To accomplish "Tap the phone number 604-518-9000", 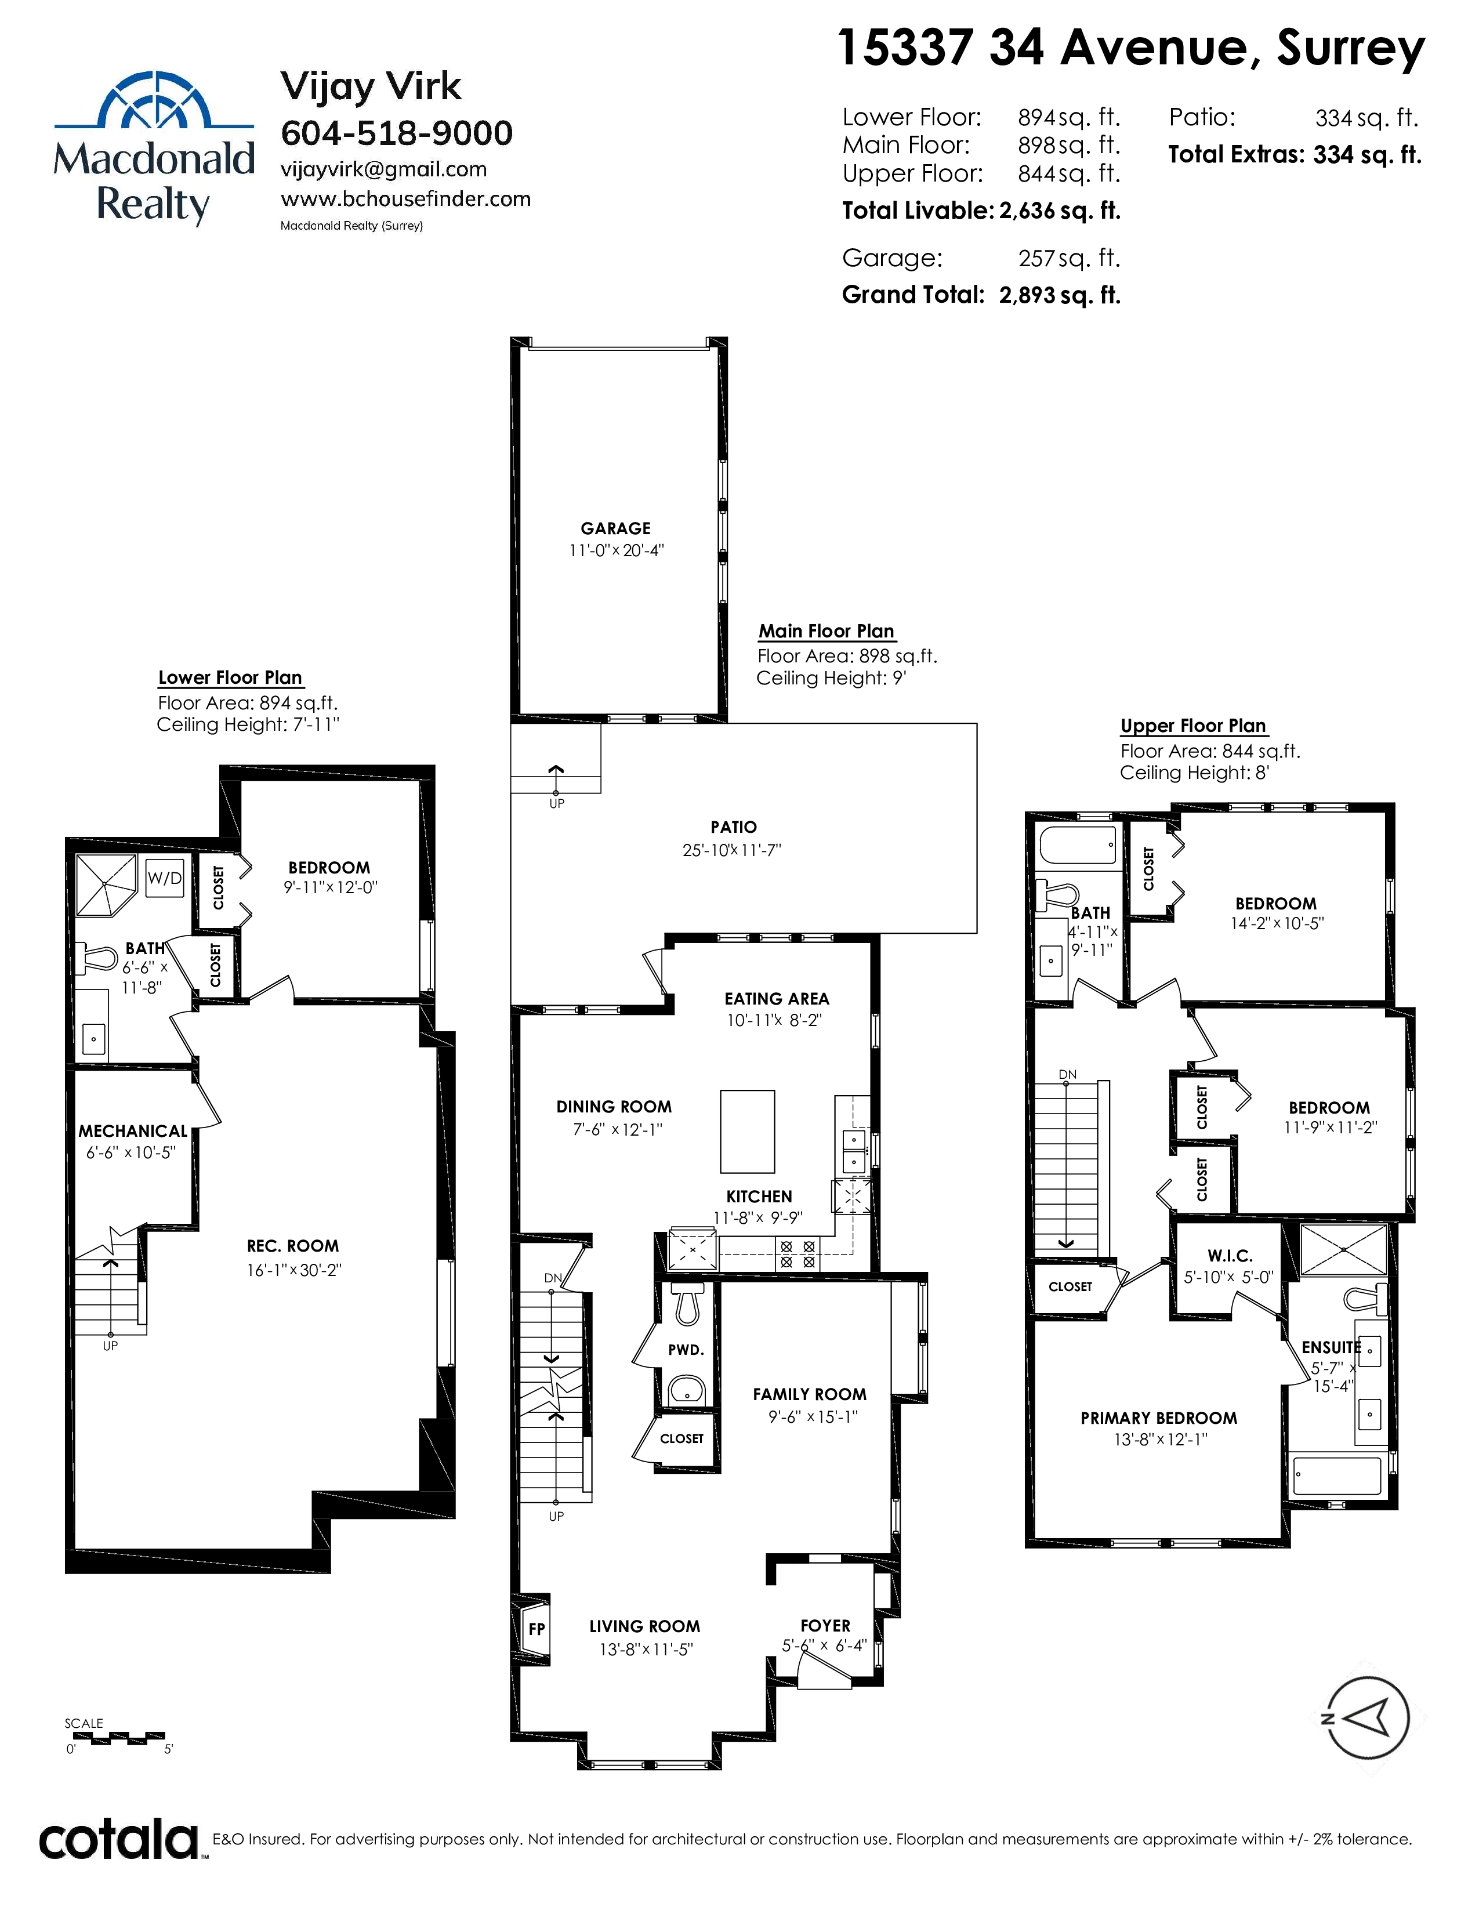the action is pos(397,133).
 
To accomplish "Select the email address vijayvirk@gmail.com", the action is pos(384,169).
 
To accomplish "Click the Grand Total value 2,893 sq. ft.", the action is pos(1060,295).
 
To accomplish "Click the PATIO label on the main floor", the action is pos(733,827).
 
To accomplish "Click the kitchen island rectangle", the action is pos(748,1132).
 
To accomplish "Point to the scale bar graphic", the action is pos(115,1736).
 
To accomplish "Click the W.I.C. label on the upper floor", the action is pos(1230,1256).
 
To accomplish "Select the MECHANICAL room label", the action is pos(133,1132).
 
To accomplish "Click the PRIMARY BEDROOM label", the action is pos(1158,1418).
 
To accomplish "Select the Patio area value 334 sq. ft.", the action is pos(1367,117).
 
